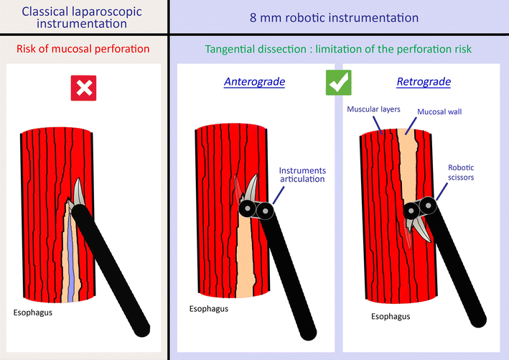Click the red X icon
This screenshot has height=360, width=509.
coord(85,88)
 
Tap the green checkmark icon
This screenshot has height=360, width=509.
coord(337,83)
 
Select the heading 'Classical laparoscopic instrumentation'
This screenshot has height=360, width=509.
coord(83,17)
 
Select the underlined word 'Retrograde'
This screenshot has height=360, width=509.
coord(424,82)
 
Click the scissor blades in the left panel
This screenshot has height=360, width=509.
coord(78,193)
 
